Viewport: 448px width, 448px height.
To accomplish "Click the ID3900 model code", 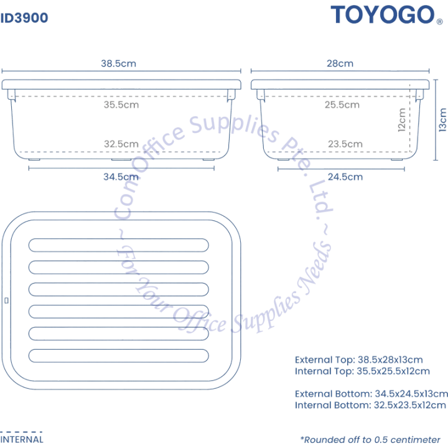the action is pyautogui.click(x=24, y=18).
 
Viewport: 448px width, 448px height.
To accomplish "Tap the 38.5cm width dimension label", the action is pyautogui.click(x=119, y=63).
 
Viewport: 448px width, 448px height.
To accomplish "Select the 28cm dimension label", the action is pyautogui.click(x=340, y=63).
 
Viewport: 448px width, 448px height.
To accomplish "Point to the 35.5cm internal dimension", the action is pyautogui.click(x=121, y=105).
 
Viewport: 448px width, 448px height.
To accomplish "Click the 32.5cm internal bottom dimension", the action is pyautogui.click(x=121, y=144).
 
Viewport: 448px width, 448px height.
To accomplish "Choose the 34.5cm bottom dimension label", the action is pyautogui.click(x=121, y=177).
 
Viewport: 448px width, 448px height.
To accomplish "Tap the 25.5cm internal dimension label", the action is pyautogui.click(x=342, y=105).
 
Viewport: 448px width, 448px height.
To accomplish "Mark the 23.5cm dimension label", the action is pyautogui.click(x=345, y=144).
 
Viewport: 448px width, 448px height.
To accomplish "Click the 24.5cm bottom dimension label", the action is pyautogui.click(x=345, y=177).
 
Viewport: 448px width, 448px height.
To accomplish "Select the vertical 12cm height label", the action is pyautogui.click(x=402, y=120).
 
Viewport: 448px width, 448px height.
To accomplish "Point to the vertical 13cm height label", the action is pyautogui.click(x=442, y=120).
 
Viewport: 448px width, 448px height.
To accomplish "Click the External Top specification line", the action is pyautogui.click(x=359, y=360).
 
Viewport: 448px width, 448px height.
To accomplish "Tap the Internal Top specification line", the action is pyautogui.click(x=362, y=371).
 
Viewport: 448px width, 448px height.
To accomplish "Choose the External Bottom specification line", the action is pyautogui.click(x=371, y=394).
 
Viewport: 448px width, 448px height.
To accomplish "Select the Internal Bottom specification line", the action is pyautogui.click(x=370, y=405).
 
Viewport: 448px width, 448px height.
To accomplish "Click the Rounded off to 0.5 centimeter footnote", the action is pyautogui.click(x=370, y=440).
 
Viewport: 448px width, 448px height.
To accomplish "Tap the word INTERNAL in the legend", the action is pyautogui.click(x=22, y=439).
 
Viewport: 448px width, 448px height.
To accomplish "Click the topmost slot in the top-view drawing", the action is pyautogui.click(x=119, y=245).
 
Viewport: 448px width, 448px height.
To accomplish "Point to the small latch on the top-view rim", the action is pyautogui.click(x=7, y=301).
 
